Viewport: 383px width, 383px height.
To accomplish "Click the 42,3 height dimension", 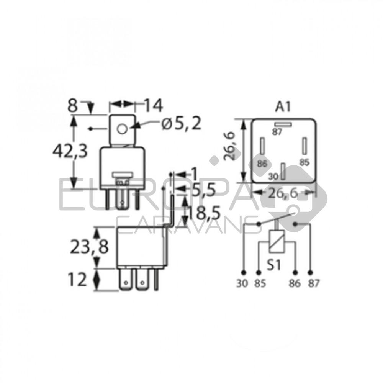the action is [x=70, y=151].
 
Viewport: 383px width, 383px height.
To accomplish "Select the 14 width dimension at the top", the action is [x=153, y=106].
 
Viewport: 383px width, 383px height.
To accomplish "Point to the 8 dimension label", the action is [x=72, y=106].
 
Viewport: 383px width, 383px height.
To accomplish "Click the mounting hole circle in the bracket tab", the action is [x=122, y=128].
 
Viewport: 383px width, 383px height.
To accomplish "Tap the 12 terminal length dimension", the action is [x=77, y=280].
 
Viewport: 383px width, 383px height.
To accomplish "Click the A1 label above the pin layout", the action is [x=283, y=107].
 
